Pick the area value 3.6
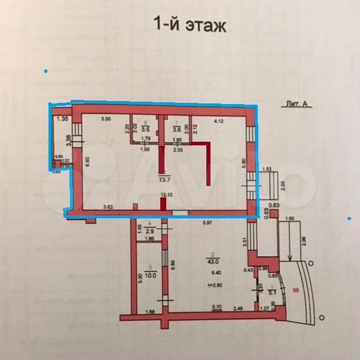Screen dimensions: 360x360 [x=177, y=129]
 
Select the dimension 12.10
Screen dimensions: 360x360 [x=167, y=195]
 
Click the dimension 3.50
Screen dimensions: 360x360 [x=105, y=119]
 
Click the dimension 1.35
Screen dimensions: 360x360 [x=63, y=119]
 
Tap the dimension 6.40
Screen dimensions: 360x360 [x=213, y=273]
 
